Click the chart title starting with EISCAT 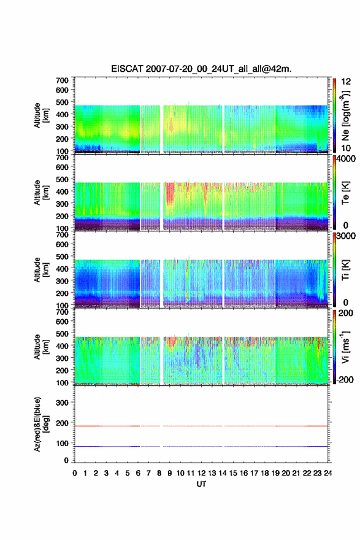point(201,69)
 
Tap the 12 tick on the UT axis point(201,473)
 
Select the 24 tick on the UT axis point(327,473)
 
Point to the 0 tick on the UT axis point(75,473)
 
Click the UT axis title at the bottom point(201,484)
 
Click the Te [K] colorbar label point(345,193)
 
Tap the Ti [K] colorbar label point(345,269)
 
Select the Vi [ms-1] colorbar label point(345,347)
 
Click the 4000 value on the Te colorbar point(347,160)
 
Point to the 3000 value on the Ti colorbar point(347,236)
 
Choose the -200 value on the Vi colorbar point(345,379)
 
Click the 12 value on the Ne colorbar point(346,82)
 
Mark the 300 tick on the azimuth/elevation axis point(63,403)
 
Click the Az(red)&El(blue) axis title point(41,424)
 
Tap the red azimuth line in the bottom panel point(201,426)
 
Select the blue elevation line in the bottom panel point(201,446)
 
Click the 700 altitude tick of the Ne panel point(63,80)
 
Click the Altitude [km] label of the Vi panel point(41,347)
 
